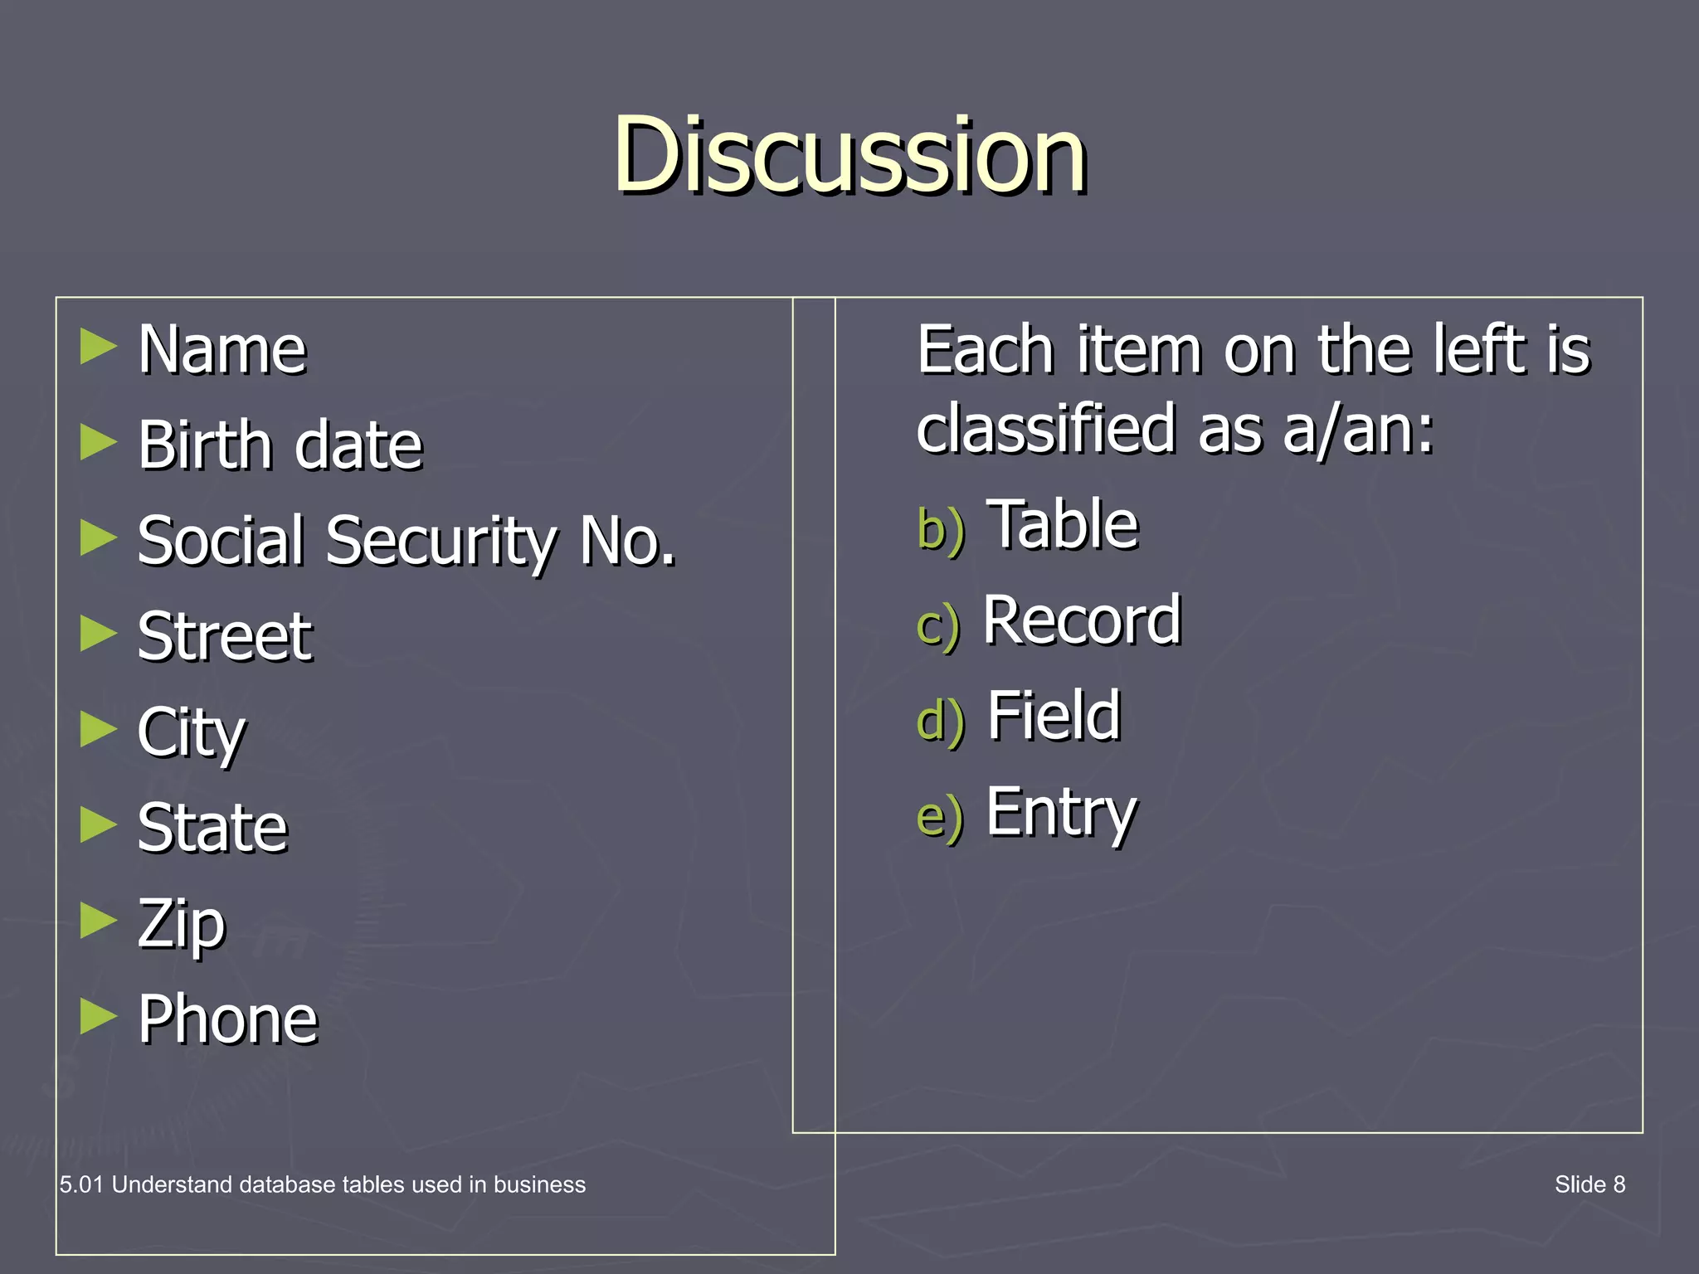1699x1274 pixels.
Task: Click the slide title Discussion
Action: [x=849, y=155]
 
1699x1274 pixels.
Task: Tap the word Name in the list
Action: [x=222, y=350]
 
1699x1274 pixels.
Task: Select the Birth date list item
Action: [x=280, y=445]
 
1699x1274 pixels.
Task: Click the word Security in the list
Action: [x=441, y=542]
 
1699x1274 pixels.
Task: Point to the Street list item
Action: [x=225, y=637]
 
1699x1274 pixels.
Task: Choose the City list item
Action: [x=192, y=733]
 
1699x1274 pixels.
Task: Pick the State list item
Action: [x=212, y=828]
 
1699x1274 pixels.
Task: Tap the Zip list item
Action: [x=182, y=924]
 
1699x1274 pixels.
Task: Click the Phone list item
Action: [x=228, y=1019]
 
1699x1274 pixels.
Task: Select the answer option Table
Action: [x=1065, y=525]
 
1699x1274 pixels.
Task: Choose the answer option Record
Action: [x=1082, y=620]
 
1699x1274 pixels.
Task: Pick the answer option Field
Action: [x=1054, y=716]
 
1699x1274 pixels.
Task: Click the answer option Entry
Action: [x=1061, y=813]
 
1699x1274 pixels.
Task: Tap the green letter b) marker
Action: [x=941, y=530]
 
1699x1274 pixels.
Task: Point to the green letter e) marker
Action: [x=940, y=817]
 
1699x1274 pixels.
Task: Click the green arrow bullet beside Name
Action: [x=99, y=347]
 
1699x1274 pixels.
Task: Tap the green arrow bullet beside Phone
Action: [x=99, y=1016]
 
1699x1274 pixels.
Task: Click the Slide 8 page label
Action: [x=1589, y=1184]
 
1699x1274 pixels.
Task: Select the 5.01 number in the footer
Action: [x=81, y=1184]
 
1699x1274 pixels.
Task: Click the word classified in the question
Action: [x=1047, y=430]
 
